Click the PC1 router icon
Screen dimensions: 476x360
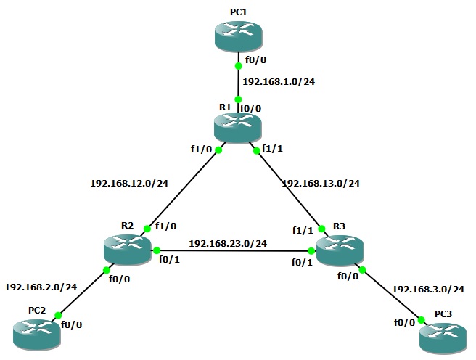pyautogui.click(x=238, y=36)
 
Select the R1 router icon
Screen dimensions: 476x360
pyautogui.click(x=238, y=126)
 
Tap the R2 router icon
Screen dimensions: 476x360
pyautogui.click(x=127, y=250)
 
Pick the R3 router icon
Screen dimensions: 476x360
pyautogui.click(x=340, y=250)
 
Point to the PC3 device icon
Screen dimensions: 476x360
pyautogui.click(x=443, y=337)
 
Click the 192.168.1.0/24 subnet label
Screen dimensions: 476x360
pyautogui.click(x=279, y=81)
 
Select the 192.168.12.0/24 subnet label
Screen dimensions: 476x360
pyautogui.click(x=129, y=184)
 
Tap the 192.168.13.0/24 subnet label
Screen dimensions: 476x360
pyautogui.click(x=321, y=184)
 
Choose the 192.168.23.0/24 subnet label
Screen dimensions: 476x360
pyautogui.click(x=228, y=243)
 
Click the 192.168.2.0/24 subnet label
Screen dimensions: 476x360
pyautogui.click(x=41, y=287)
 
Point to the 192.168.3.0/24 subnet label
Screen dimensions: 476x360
pyautogui.click(x=428, y=290)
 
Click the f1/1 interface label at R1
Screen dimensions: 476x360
pyautogui.click(x=272, y=149)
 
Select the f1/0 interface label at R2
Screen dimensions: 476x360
pyautogui.click(x=165, y=226)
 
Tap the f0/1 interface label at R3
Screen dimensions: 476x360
pyautogui.click(x=302, y=262)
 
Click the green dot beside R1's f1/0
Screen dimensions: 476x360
pyautogui.click(x=218, y=150)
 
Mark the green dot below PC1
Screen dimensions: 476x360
pyautogui.click(x=239, y=66)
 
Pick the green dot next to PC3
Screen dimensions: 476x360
pyautogui.click(x=421, y=320)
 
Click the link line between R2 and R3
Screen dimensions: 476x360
pyautogui.click(x=234, y=250)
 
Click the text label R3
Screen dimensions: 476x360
pyautogui.click(x=339, y=226)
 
